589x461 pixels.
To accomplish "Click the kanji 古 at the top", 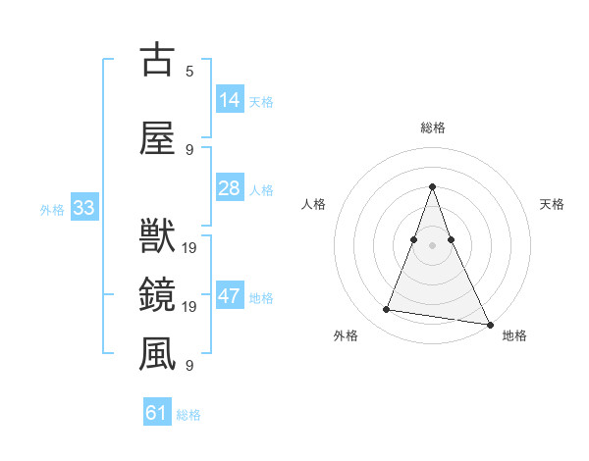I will click(157, 60).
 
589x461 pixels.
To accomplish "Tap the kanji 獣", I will click(157, 235).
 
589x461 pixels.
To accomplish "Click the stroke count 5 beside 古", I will click(189, 72).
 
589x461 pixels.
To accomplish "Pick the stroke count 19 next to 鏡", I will click(189, 307).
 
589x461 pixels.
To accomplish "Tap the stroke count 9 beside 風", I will click(189, 366).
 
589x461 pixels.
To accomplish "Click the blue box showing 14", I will click(229, 100).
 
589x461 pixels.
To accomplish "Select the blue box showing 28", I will click(229, 188).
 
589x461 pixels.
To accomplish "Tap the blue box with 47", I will click(229, 296).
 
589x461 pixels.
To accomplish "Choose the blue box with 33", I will click(83, 208).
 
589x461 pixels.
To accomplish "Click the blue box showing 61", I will click(156, 413).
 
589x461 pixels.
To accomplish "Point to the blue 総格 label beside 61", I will click(188, 415).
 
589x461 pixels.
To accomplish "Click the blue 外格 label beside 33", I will click(52, 209).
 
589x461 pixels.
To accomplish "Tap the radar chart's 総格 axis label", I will click(433, 128).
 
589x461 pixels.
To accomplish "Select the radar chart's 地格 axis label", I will click(514, 335).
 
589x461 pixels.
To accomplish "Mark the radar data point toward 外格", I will click(387, 310).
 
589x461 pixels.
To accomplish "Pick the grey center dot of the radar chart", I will click(433, 245).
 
